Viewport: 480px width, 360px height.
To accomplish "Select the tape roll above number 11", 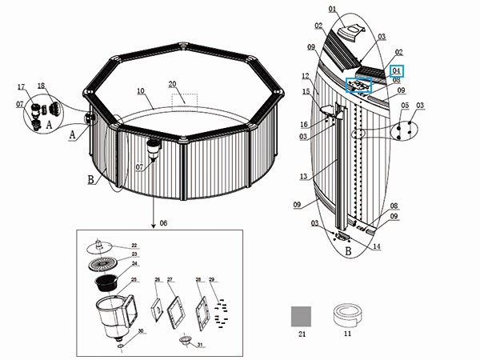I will [347, 315].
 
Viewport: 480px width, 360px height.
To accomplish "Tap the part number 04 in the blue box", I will [396, 70].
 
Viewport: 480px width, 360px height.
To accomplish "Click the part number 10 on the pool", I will [140, 91].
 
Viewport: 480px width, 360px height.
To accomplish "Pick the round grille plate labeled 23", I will [102, 263].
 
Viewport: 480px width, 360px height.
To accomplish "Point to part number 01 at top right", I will [333, 10].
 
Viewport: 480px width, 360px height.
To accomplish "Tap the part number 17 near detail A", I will [22, 86].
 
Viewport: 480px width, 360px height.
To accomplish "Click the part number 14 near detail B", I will [377, 247].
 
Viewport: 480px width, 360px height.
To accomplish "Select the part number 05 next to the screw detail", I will [405, 106].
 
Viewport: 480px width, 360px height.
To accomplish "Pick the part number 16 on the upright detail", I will [304, 124].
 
